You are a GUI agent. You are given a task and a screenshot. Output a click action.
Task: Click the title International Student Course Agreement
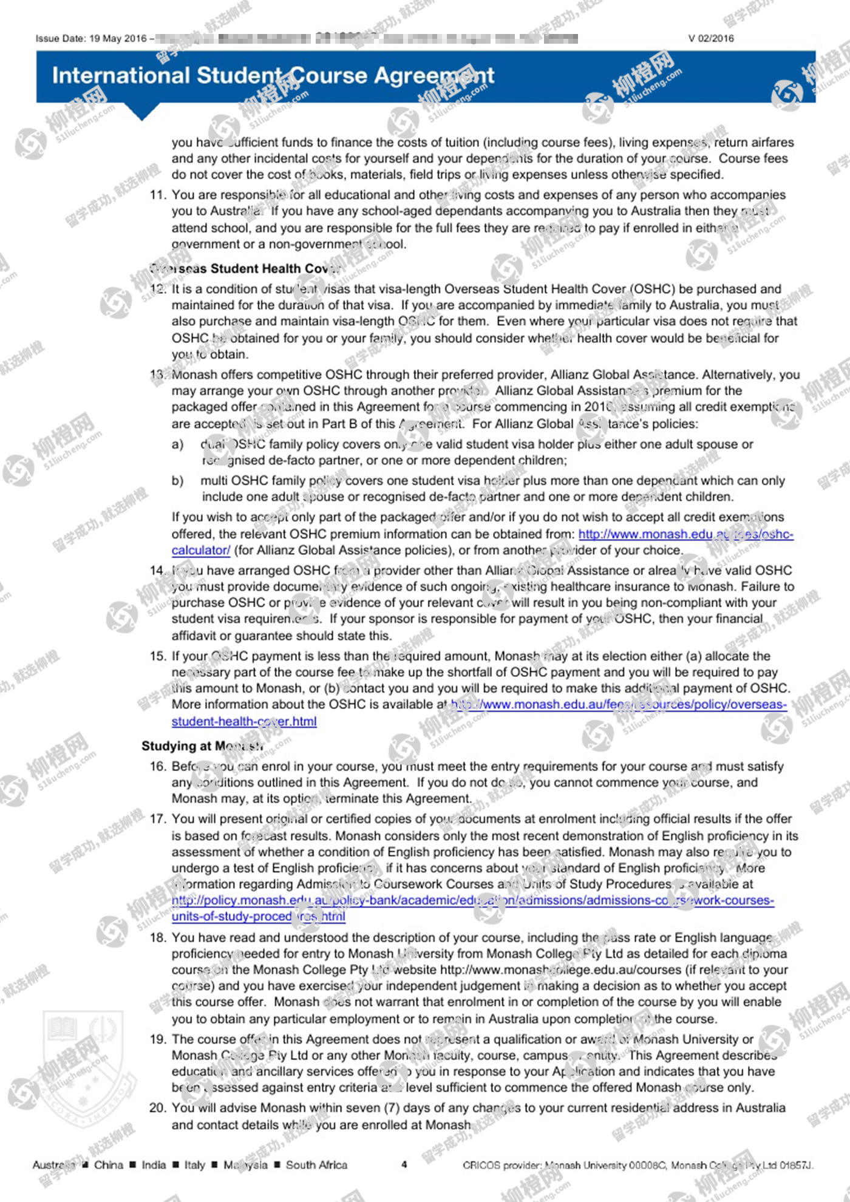coord(273,76)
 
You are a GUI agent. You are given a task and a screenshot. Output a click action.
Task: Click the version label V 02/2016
coord(710,38)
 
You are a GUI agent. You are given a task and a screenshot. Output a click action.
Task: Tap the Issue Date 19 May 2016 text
coord(91,38)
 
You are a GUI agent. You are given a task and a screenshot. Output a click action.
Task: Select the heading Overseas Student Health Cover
coord(246,268)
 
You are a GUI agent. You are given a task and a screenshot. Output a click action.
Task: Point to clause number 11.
coord(157,195)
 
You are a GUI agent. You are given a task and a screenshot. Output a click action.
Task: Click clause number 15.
coord(157,656)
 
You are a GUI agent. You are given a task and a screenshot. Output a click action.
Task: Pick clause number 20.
coord(157,1108)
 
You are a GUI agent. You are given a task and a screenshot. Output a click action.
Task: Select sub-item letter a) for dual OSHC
coord(177,444)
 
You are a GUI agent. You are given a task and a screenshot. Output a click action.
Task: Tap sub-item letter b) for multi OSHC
coord(177,481)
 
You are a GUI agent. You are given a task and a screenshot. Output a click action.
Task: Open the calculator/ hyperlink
coord(201,551)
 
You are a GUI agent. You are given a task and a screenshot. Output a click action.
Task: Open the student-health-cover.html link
coord(244,721)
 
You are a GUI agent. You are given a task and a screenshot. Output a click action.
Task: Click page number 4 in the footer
coord(404,1164)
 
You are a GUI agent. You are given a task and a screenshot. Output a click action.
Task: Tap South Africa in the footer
coord(316,1165)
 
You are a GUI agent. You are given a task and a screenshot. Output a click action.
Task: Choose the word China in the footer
coord(109,1165)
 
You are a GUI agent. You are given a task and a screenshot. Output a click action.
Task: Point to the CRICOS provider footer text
coord(637,1165)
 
